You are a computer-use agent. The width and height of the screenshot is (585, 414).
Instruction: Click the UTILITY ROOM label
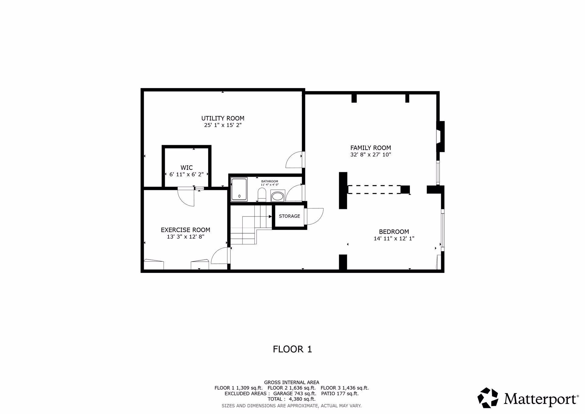(x=223, y=118)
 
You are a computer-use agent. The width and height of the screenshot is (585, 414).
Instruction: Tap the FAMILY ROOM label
(x=370, y=148)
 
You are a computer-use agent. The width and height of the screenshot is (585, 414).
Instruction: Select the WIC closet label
(x=186, y=168)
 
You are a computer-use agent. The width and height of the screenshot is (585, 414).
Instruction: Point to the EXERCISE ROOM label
(x=186, y=230)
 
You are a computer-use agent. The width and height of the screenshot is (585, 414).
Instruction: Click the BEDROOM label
(x=394, y=232)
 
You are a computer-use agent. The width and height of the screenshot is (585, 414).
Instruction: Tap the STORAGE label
(x=289, y=216)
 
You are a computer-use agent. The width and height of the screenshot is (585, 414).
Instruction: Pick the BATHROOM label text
(x=270, y=181)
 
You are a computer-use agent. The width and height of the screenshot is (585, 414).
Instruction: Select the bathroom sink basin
(x=277, y=196)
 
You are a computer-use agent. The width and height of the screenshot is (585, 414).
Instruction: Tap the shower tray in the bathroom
(x=239, y=190)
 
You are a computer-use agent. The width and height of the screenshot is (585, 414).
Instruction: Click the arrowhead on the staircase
(x=270, y=216)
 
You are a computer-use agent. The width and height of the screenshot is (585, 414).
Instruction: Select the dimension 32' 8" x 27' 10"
(x=370, y=155)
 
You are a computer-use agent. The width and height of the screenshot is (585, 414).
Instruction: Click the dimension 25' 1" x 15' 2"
(x=223, y=125)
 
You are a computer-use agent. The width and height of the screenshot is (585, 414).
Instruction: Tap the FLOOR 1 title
(x=292, y=349)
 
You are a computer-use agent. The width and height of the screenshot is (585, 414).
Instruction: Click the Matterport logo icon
(x=487, y=398)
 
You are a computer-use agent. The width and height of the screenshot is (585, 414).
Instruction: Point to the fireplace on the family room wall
(x=441, y=136)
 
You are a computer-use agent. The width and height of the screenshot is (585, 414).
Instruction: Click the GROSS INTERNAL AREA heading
(x=292, y=382)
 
